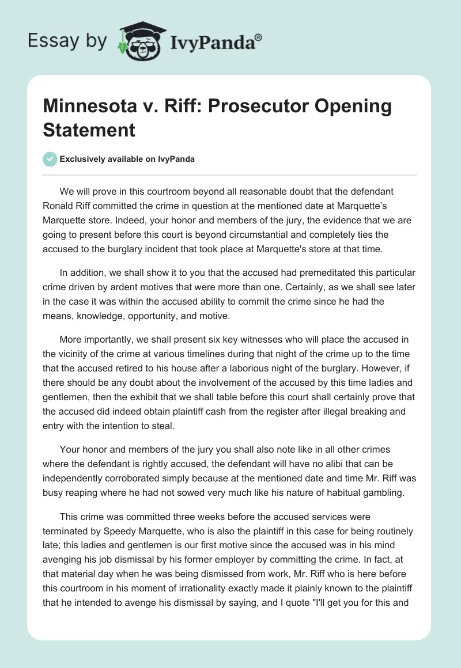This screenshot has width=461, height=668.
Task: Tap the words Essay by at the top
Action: click(x=67, y=41)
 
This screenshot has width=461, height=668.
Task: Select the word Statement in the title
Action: click(x=89, y=130)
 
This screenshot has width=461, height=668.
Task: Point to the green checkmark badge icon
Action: click(x=51, y=159)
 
